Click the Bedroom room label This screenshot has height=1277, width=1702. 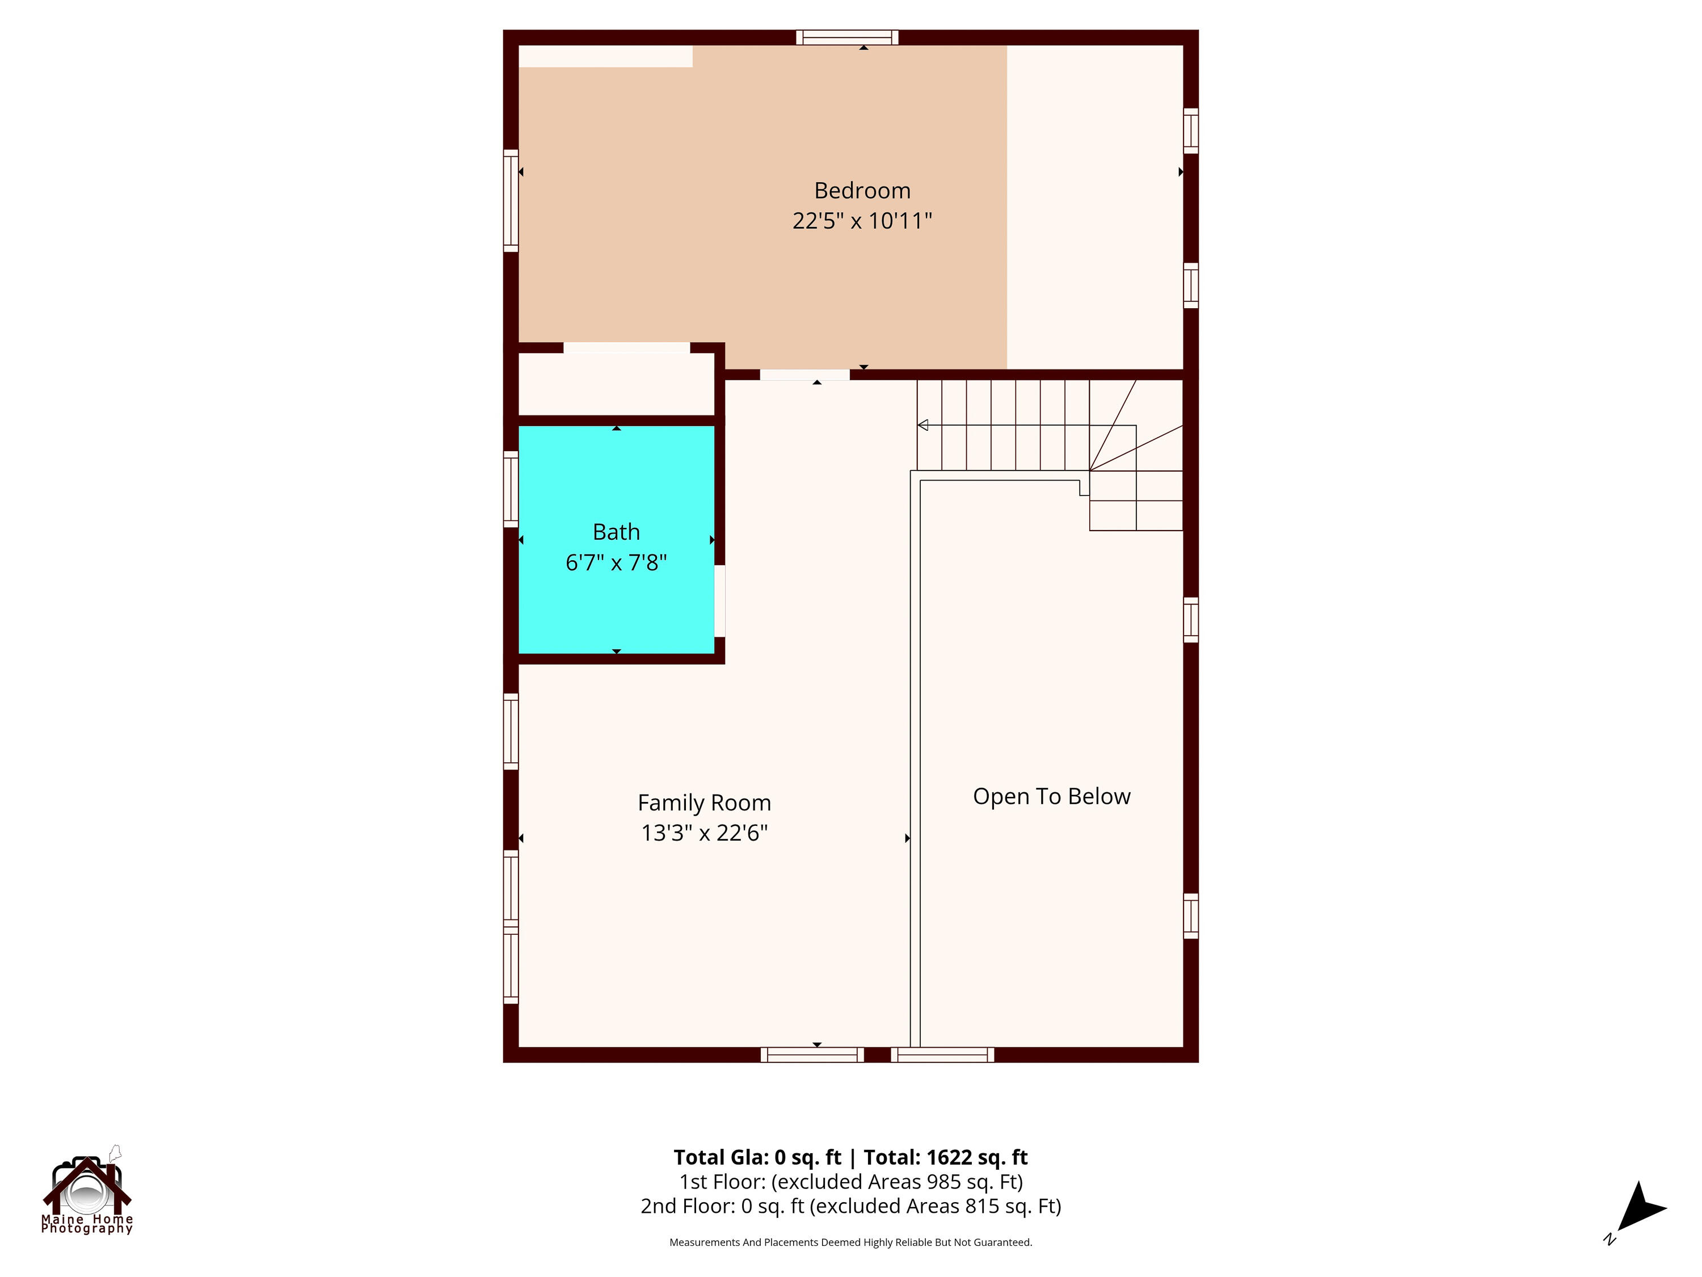tap(862, 190)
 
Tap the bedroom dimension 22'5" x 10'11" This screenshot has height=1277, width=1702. tap(862, 221)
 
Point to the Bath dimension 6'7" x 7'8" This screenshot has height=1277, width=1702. tap(616, 562)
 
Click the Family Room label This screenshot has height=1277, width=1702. tap(704, 803)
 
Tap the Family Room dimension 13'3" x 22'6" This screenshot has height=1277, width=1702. tap(704, 833)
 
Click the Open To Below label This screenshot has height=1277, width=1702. tap(1051, 797)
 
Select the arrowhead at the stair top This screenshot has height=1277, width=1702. tap(922, 425)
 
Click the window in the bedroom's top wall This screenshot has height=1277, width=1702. tap(846, 37)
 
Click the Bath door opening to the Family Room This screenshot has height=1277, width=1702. tap(719, 601)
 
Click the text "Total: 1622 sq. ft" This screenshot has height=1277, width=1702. tap(946, 1157)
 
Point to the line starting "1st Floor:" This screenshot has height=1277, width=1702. tap(850, 1182)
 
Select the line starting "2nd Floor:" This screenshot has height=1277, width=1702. tap(850, 1206)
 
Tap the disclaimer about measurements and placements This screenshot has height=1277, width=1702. tap(850, 1242)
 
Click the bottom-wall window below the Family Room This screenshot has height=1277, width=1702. tap(812, 1055)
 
